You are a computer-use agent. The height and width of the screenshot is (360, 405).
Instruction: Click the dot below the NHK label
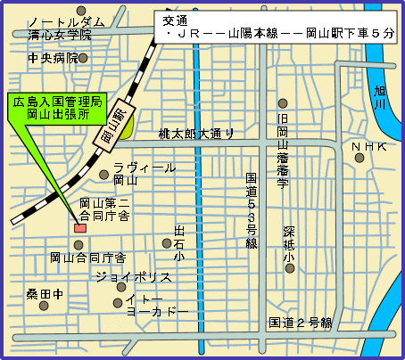click(x=360, y=158)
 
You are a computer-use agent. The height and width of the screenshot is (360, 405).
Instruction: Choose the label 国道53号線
click(x=252, y=210)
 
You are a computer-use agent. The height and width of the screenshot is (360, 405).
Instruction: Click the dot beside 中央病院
click(x=84, y=58)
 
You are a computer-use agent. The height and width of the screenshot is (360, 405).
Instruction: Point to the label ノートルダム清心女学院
click(x=61, y=29)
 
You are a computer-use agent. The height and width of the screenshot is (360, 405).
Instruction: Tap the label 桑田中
click(x=45, y=292)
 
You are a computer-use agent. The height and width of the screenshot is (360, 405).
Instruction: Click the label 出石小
click(x=179, y=243)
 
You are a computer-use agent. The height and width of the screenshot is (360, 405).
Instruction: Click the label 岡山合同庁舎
click(x=87, y=258)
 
